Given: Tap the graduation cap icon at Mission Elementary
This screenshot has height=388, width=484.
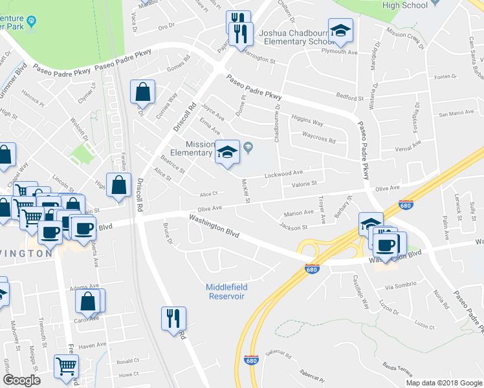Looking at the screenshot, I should tap(226, 153).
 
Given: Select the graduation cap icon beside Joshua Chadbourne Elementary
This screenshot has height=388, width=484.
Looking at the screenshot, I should tap(340, 30).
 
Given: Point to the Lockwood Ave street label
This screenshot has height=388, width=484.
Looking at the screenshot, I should tap(284, 173).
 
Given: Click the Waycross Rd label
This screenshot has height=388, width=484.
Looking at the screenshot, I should tap(319, 140).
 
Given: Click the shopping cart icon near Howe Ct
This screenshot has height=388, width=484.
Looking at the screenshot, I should tap(66, 366).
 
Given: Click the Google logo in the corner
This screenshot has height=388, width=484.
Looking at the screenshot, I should tap(21, 380).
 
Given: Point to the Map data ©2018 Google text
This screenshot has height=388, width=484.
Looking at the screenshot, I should tap(443, 383).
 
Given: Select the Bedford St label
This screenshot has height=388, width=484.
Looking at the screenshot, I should tap(350, 98).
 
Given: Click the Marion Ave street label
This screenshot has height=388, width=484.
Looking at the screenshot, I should tap(298, 213).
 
